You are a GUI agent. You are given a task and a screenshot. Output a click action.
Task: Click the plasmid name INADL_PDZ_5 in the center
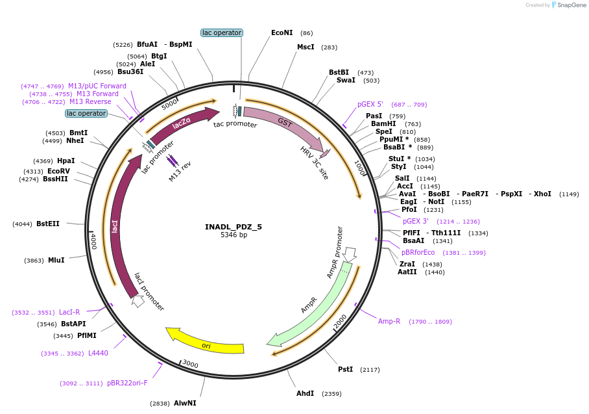pyautogui.click(x=234, y=227)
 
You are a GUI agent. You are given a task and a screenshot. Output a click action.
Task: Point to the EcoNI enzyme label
pyautogui.click(x=282, y=32)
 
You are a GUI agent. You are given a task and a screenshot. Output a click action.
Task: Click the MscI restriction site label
pyautogui.click(x=306, y=47)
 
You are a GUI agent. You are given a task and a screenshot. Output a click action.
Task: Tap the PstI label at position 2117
pyautogui.click(x=345, y=369)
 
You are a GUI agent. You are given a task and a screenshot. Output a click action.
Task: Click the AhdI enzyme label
pyautogui.click(x=305, y=393)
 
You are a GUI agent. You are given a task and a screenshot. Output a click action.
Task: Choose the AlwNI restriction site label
pyautogui.click(x=185, y=403)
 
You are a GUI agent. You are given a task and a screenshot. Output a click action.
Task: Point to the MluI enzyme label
pyautogui.click(x=56, y=260)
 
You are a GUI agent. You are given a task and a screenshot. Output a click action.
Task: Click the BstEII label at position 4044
pyautogui.click(x=48, y=224)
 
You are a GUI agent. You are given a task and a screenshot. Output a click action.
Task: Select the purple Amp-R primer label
pyautogui.click(x=389, y=321)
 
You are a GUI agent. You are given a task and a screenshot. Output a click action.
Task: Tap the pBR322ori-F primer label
pyautogui.click(x=127, y=383)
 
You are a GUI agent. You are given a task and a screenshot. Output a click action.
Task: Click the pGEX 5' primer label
pyautogui.click(x=370, y=104)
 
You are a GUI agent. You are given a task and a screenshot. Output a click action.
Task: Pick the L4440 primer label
pyautogui.click(x=98, y=353)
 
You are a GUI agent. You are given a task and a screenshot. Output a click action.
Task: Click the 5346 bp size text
pyautogui.click(x=234, y=235)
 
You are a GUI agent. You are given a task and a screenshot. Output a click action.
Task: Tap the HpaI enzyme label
pyautogui.click(x=66, y=161)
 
